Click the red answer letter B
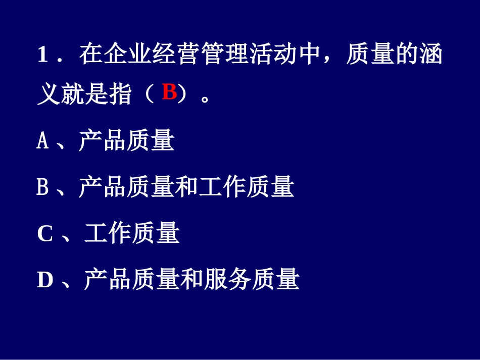pyautogui.click(x=169, y=93)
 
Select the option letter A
pyautogui.click(x=43, y=141)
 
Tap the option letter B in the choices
pyautogui.click(x=43, y=187)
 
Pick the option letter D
pyautogui.click(x=45, y=280)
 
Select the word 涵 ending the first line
pyautogui.click(x=430, y=55)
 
